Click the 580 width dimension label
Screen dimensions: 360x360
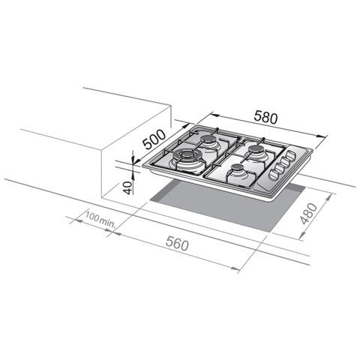[265, 117]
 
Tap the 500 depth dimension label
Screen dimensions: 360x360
[154, 139]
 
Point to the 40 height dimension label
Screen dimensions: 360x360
[127, 187]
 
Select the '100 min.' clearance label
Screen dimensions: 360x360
[100, 218]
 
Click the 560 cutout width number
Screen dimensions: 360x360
[177, 244]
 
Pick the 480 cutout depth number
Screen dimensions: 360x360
[309, 214]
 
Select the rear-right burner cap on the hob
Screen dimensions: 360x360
[256, 149]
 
